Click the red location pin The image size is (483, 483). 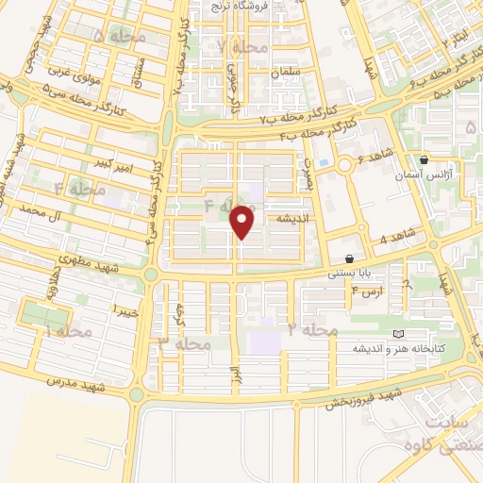243,222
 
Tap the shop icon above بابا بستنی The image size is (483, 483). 350,258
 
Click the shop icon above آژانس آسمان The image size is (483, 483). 423,160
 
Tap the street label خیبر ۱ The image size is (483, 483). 126,308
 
